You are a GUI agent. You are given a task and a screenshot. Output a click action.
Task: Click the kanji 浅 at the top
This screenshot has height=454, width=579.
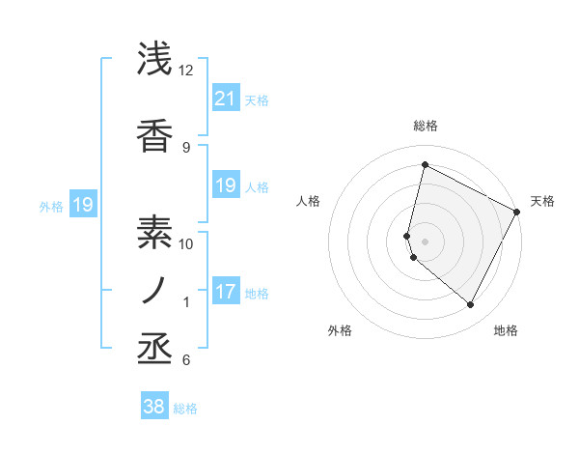(x=155, y=60)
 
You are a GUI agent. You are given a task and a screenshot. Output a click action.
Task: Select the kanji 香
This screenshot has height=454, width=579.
(x=155, y=136)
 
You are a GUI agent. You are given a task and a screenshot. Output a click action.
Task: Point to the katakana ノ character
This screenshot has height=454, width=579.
(x=155, y=291)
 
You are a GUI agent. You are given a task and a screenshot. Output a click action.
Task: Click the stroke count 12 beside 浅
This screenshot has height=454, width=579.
(x=186, y=71)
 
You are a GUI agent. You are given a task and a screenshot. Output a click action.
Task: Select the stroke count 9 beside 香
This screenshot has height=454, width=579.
(x=186, y=147)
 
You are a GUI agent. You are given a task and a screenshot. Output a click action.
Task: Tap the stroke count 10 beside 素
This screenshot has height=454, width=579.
(x=186, y=243)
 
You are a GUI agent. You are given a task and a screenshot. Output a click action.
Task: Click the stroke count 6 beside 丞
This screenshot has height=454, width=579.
(x=186, y=360)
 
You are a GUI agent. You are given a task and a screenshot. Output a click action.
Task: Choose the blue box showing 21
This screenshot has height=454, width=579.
(x=225, y=98)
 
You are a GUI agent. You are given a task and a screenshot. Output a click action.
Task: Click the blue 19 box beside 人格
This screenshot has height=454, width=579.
(x=225, y=184)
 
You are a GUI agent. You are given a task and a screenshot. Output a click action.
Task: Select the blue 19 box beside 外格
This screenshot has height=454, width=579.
(x=82, y=204)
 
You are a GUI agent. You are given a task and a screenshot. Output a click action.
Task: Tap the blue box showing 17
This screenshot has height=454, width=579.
(x=225, y=291)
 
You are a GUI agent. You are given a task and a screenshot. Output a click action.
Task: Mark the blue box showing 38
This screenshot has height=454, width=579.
(x=154, y=407)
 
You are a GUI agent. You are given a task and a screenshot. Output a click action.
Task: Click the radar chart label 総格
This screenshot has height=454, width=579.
(x=426, y=126)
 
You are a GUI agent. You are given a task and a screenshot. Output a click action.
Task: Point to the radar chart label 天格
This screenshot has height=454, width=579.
(x=542, y=201)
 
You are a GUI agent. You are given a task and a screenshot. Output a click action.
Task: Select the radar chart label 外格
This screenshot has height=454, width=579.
(x=340, y=330)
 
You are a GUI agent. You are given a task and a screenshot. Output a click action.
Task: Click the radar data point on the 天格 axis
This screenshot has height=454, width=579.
(x=518, y=212)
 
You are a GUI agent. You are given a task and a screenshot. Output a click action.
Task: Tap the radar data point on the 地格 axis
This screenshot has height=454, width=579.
(x=471, y=305)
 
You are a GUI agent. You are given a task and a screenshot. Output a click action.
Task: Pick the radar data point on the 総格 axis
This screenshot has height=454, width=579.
(x=426, y=164)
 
